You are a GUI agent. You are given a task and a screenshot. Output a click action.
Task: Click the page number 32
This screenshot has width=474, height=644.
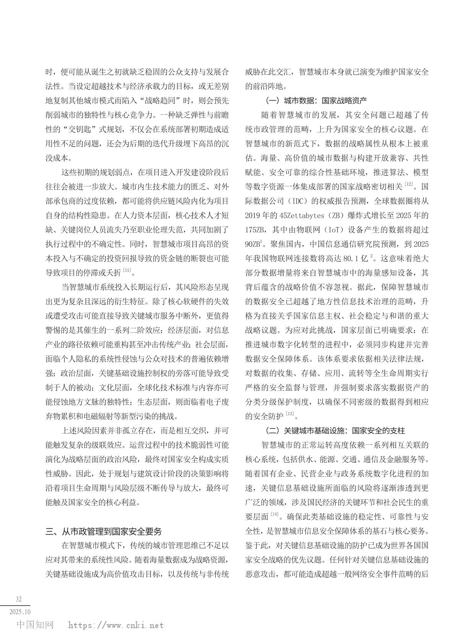[x=19, y=599]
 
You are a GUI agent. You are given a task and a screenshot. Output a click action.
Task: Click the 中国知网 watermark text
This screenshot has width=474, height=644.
[x=35, y=625]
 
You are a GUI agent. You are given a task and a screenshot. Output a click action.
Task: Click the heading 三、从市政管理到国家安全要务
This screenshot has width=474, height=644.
[x=104, y=531]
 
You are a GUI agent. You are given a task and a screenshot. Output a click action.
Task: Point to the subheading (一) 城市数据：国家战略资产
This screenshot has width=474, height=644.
[x=316, y=101]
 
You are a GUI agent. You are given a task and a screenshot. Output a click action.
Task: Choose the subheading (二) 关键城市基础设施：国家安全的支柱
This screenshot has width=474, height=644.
[x=335, y=430]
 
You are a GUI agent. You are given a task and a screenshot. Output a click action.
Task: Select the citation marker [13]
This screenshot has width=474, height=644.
[x=290, y=414]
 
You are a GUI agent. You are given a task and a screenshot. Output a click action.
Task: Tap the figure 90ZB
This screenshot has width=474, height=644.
[x=253, y=244]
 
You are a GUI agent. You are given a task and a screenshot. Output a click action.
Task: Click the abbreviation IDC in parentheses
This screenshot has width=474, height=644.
[x=297, y=201]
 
